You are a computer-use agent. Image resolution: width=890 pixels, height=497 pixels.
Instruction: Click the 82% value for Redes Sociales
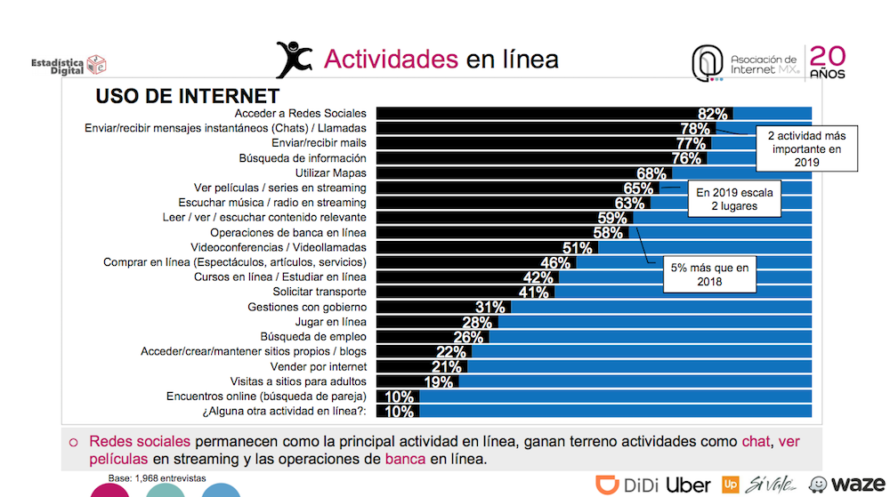[714, 114]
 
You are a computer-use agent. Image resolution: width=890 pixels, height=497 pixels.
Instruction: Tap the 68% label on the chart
[652, 173]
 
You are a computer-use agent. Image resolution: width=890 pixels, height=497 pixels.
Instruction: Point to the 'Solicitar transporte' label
[320, 292]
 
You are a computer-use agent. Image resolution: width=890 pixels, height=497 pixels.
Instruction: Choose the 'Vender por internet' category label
[318, 366]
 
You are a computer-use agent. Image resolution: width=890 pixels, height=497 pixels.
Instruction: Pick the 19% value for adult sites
[439, 382]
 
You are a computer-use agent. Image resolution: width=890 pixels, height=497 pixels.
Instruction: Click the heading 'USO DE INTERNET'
[187, 96]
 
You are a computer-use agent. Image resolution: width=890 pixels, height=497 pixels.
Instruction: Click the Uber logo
[688, 485]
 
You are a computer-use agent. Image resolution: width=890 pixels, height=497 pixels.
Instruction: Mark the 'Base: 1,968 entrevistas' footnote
[157, 477]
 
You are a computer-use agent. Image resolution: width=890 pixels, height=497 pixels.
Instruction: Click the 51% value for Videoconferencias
[578, 248]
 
